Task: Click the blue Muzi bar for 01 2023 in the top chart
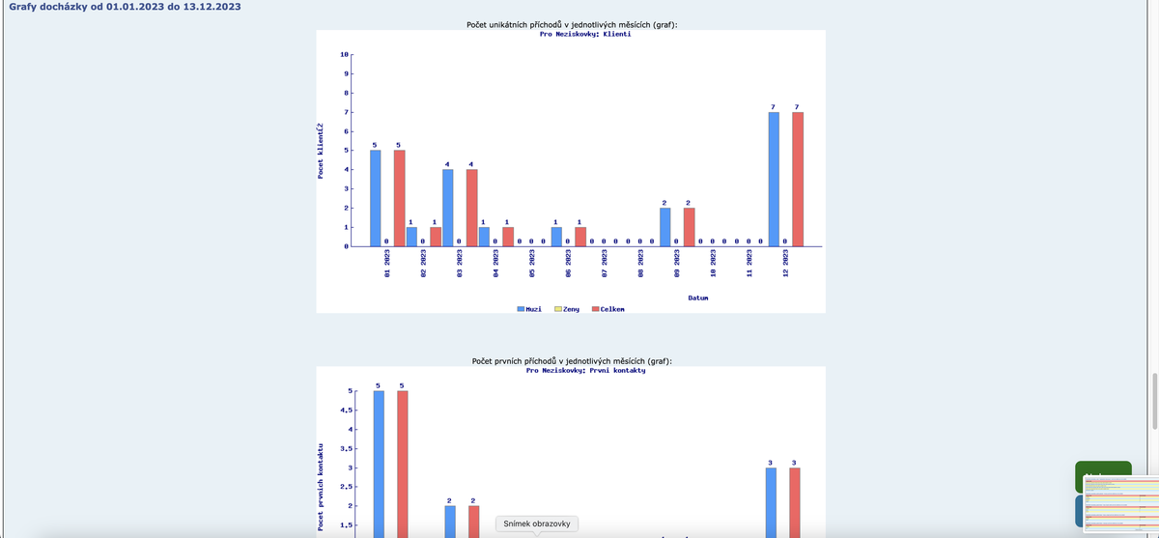pyautogui.click(x=375, y=198)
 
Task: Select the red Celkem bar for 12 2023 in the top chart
pyautogui.click(x=797, y=180)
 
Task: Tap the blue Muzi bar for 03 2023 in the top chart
pyautogui.click(x=447, y=208)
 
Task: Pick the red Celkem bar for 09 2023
pyautogui.click(x=689, y=227)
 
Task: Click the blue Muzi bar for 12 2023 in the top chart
pyautogui.click(x=774, y=180)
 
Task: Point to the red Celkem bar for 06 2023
pyautogui.click(x=579, y=237)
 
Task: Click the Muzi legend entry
pyautogui.click(x=529, y=309)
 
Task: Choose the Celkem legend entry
pyautogui.click(x=608, y=309)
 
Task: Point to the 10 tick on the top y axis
pyautogui.click(x=345, y=55)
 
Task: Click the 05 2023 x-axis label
pyautogui.click(x=532, y=266)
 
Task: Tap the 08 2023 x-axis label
pyautogui.click(x=640, y=266)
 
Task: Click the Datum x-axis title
pyautogui.click(x=698, y=297)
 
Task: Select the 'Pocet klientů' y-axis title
pyautogui.click(x=321, y=150)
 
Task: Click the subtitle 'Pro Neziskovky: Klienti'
pyautogui.click(x=584, y=34)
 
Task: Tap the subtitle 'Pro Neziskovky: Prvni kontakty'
pyautogui.click(x=585, y=370)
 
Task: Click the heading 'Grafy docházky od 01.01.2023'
pyautogui.click(x=125, y=7)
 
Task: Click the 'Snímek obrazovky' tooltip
pyautogui.click(x=538, y=524)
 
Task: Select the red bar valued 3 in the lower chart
pyautogui.click(x=795, y=502)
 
